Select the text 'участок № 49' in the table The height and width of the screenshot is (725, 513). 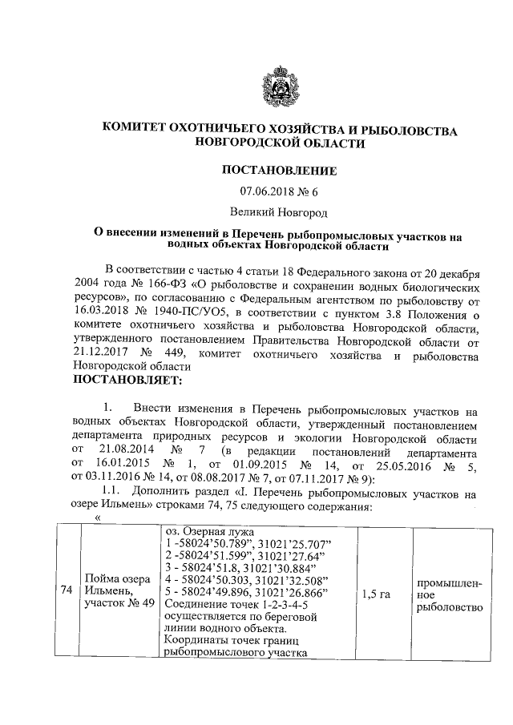tap(119, 603)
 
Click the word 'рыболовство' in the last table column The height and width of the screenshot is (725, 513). tap(449, 608)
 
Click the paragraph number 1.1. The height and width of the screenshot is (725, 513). tap(116, 494)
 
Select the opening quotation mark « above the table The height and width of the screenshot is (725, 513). tap(98, 517)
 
